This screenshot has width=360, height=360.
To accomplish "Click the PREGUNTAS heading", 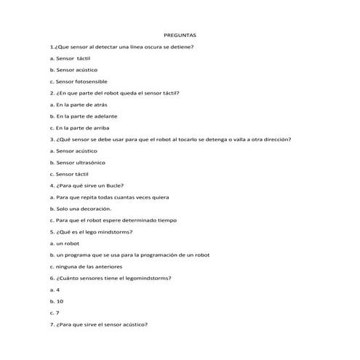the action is [180, 34].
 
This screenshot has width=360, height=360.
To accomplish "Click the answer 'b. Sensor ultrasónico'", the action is [76, 162].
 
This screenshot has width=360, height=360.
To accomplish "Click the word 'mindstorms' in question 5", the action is [111, 231].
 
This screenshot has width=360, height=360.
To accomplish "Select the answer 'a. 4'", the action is [55, 289].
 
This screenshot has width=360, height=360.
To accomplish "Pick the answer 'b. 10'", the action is [56, 300].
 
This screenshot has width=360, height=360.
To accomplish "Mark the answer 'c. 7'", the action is [55, 312].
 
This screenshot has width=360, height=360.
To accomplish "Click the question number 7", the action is [52, 324].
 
